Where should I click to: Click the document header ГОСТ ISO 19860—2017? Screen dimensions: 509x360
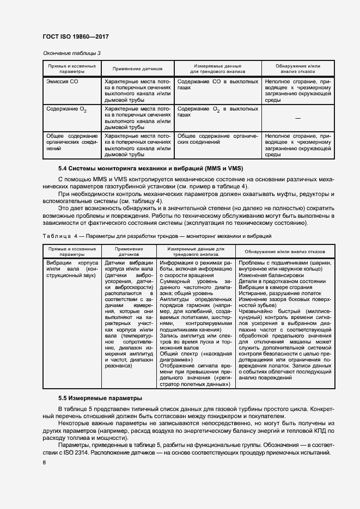pos(76,36)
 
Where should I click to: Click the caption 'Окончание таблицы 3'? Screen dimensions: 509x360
pos(71,53)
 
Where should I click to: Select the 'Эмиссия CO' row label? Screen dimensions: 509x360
pos(62,81)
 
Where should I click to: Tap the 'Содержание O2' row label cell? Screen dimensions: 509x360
pos(66,109)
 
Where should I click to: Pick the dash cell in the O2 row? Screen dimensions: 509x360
pos(297,118)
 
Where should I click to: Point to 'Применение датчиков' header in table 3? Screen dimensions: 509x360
pos(137,69)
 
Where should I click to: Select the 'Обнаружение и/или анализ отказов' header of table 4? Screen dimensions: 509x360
pos(284,252)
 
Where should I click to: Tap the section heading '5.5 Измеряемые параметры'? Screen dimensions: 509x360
pos(93,398)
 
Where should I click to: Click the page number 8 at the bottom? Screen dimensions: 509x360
pos(44,463)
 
